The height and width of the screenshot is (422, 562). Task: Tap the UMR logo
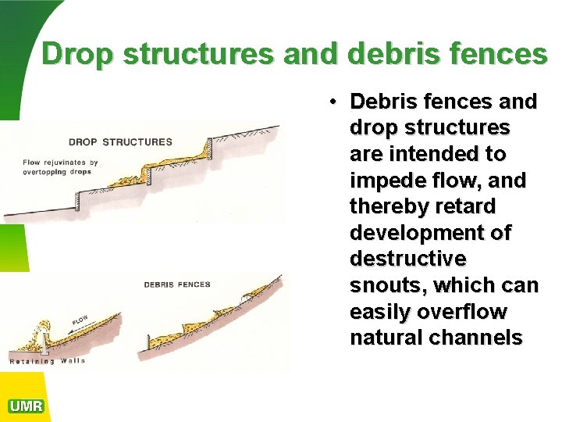[26, 406]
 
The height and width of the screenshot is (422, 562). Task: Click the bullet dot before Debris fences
[333, 102]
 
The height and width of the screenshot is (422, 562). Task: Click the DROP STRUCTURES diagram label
[120, 142]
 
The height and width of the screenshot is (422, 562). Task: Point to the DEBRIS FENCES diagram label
[177, 284]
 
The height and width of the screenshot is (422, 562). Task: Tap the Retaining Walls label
[48, 361]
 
